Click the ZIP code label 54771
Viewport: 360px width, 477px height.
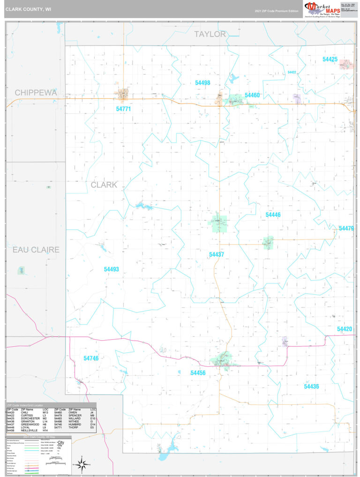point(123,109)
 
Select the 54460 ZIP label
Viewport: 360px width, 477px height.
point(252,95)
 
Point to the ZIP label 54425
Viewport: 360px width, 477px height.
point(330,60)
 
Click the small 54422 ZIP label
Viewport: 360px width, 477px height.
point(292,73)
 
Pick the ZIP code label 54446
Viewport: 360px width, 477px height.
point(273,215)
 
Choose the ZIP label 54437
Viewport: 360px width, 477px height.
point(217,254)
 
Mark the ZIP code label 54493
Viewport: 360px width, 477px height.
point(112,269)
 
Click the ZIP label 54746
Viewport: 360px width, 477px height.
point(91,358)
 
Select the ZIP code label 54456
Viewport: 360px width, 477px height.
point(198,373)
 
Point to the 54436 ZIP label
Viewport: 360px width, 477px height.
point(311,387)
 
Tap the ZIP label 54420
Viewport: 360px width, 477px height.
point(344,329)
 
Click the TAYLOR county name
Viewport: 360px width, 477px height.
point(210,34)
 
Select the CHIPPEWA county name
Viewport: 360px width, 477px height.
point(36,93)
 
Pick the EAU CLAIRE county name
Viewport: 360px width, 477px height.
point(36,250)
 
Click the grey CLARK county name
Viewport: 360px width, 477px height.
point(104,185)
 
